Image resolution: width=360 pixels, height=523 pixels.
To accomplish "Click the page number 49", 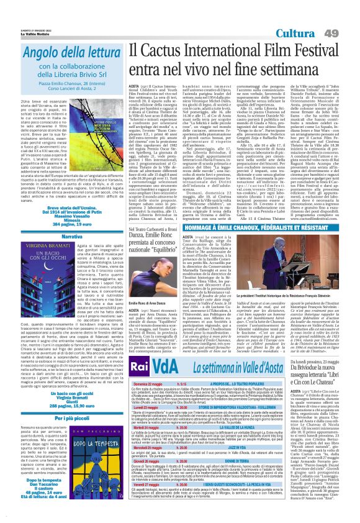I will (348, 32).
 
